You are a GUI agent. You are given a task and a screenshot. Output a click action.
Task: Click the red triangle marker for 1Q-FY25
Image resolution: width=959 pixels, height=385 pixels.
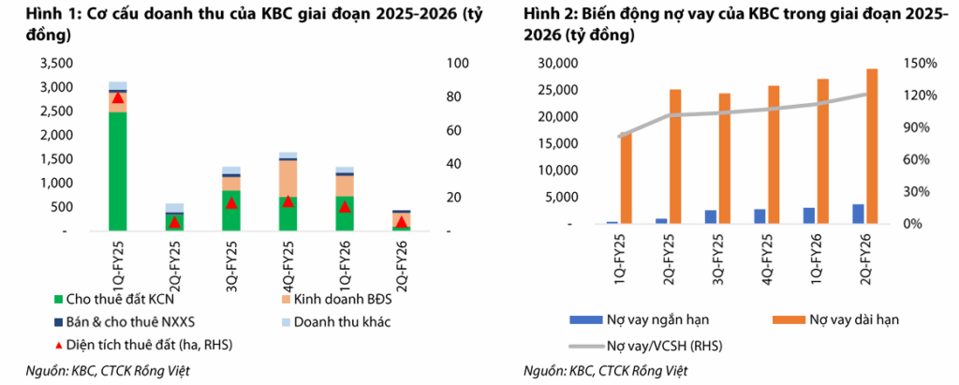click(x=118, y=96)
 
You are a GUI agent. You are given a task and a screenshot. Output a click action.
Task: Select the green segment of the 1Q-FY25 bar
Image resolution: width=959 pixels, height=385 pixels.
click(x=117, y=171)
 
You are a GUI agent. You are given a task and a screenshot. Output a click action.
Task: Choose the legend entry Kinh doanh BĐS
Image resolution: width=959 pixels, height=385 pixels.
click(x=335, y=300)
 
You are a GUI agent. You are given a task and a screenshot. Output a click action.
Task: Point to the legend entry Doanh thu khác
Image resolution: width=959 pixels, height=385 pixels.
click(x=335, y=322)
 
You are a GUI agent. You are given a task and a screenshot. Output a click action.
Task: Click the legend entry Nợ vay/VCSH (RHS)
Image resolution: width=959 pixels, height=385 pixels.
click(x=646, y=346)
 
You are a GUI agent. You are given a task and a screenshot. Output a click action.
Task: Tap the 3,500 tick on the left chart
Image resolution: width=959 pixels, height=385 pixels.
click(x=56, y=63)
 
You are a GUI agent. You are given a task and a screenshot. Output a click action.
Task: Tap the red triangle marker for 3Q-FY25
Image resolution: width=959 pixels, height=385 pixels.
click(x=230, y=202)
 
